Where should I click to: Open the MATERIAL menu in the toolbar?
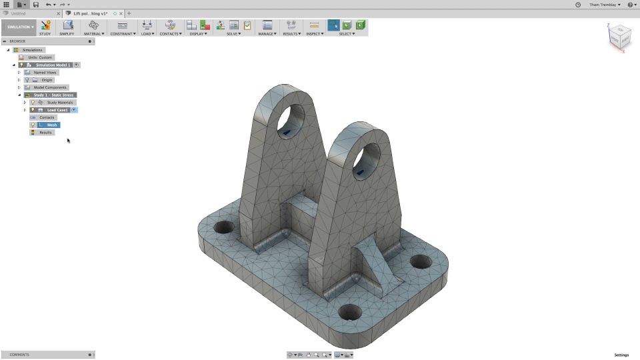pos(94,33)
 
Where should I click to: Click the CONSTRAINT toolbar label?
pos(123,33)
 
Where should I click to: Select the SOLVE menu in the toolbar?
pos(233,33)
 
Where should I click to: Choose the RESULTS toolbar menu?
pos(291,33)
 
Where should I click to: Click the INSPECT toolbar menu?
pos(314,33)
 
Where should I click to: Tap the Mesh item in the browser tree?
pos(52,125)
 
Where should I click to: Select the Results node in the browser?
pos(45,133)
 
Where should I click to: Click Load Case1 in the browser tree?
pos(57,110)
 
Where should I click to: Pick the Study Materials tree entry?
pos(60,103)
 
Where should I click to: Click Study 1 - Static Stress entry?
pos(53,95)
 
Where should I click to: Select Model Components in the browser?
pos(50,87)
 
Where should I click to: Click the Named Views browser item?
pos(45,72)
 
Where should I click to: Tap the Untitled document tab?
pos(19,13)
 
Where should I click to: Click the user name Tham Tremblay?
pos(604,5)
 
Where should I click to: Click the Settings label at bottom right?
pos(621,355)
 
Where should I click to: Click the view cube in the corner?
pos(619,37)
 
